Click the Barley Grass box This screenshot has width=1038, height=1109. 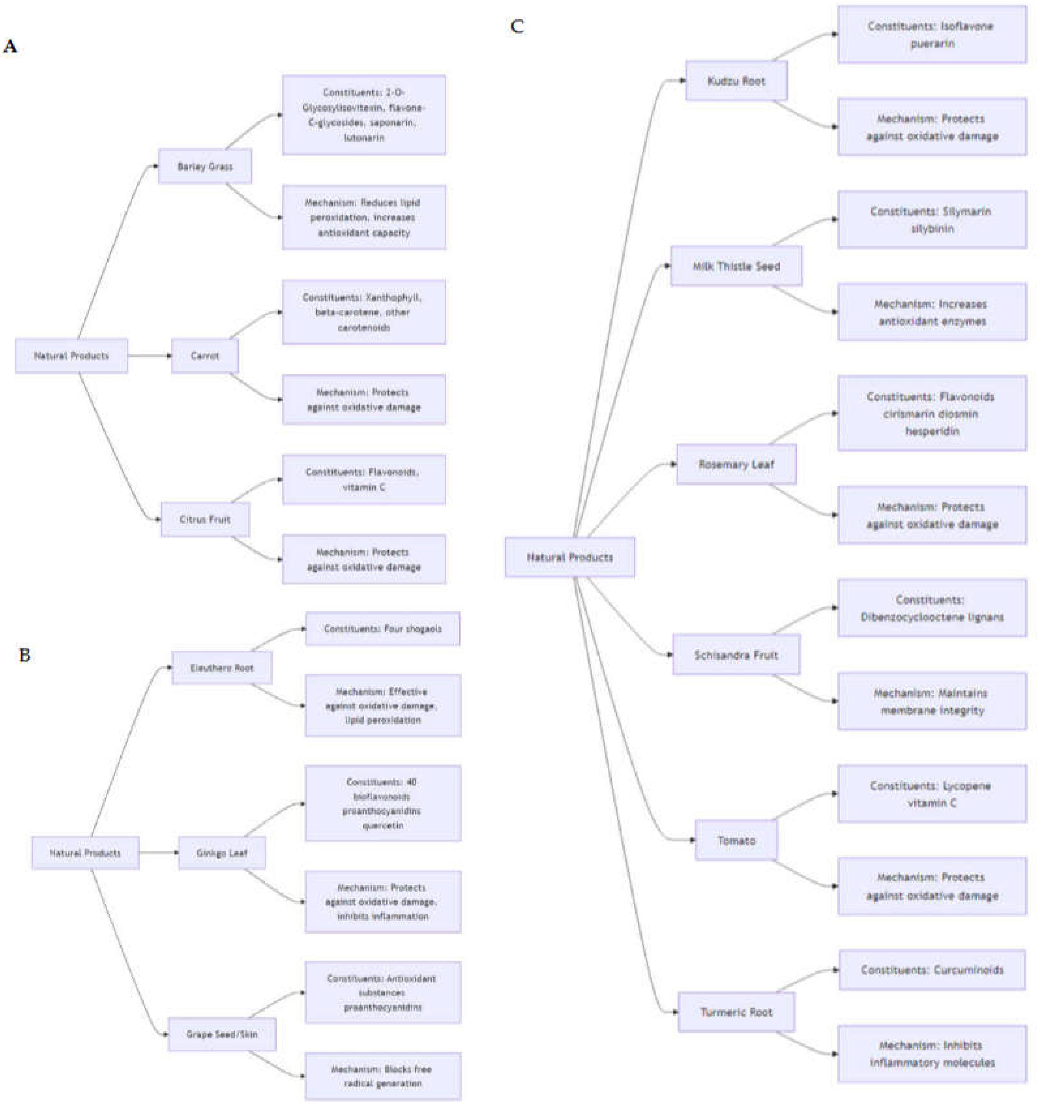(205, 166)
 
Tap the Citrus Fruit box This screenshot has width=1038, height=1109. (205, 519)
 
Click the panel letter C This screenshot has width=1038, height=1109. (517, 26)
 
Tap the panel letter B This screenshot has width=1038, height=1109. (25, 655)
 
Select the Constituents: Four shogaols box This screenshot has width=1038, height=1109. (383, 629)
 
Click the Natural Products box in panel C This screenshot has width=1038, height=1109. (569, 557)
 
